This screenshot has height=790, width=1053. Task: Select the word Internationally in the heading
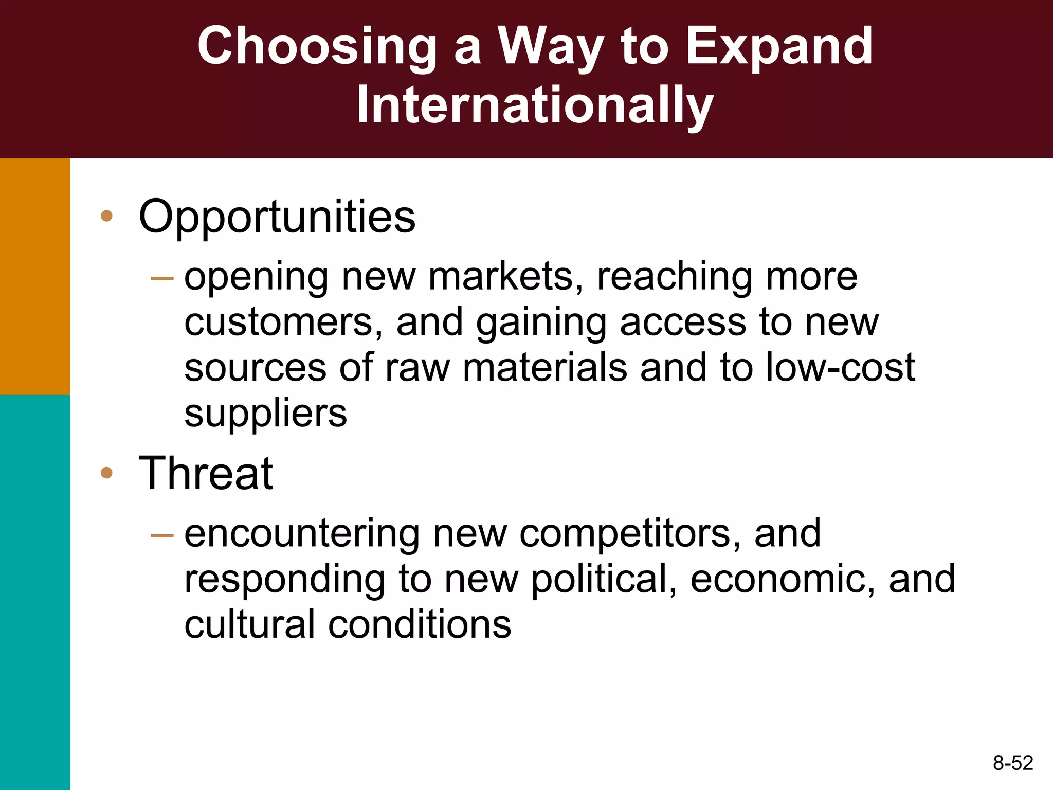(x=535, y=106)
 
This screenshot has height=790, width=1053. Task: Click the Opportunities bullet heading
(x=277, y=217)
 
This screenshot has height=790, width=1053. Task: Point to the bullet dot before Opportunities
(x=106, y=216)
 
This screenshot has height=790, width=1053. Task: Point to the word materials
(x=545, y=368)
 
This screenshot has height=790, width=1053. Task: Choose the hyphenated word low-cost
(x=840, y=368)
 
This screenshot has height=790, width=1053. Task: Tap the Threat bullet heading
(x=206, y=474)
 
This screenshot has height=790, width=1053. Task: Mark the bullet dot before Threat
(x=106, y=473)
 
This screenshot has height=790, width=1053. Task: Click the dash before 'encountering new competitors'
(x=162, y=536)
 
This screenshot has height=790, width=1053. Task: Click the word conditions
(x=420, y=625)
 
